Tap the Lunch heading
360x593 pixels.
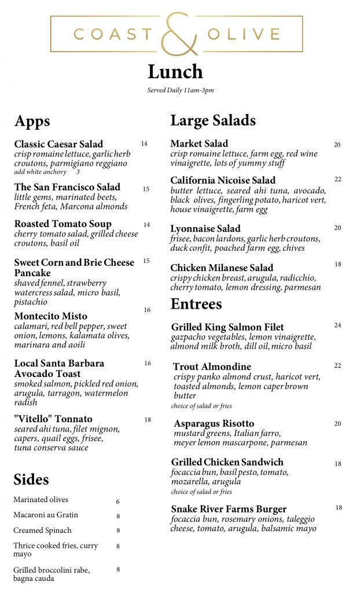[175, 72]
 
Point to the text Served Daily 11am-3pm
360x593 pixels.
[181, 90]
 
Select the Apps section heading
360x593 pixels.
[32, 121]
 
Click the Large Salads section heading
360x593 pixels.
[213, 120]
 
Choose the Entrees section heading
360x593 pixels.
[196, 304]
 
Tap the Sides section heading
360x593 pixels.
[31, 479]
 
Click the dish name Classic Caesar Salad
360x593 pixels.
[58, 144]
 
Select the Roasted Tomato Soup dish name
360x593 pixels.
[63, 224]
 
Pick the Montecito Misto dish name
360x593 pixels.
[51, 316]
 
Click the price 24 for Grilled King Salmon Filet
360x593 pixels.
[337, 325]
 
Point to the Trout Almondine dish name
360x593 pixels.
[212, 367]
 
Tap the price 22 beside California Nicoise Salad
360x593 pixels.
[337, 180]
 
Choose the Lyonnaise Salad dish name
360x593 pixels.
[205, 229]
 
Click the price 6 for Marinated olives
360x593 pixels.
[118, 502]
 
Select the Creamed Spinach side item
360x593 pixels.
[43, 530]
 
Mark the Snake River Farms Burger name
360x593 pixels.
[229, 509]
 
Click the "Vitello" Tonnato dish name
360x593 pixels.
[53, 419]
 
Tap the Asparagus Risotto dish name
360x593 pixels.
[214, 424]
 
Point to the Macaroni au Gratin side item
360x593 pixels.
[46, 515]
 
